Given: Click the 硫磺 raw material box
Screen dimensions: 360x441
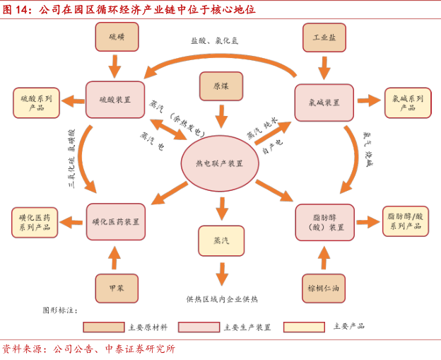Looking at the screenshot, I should (117, 37).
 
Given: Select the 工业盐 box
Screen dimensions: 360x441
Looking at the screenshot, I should (324, 37).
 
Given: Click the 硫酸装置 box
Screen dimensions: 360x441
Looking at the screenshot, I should (115, 100).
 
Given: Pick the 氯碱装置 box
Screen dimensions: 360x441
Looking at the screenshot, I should (324, 102).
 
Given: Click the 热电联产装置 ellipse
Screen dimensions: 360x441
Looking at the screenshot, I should (220, 163).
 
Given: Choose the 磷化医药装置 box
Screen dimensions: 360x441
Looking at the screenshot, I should (116, 221).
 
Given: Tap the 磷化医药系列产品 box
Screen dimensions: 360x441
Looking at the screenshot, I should (35, 222).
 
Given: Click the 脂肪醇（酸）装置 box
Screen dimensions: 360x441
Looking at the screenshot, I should (324, 222).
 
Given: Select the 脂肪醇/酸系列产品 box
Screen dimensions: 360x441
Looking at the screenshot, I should (406, 221).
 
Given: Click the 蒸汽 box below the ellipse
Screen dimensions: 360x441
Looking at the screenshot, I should (221, 240).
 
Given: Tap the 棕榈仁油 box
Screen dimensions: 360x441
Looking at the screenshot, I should (324, 288).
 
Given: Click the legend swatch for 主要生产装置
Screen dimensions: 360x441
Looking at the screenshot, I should (199, 327).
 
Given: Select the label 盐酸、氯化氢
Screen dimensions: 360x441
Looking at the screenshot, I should (214, 40).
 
